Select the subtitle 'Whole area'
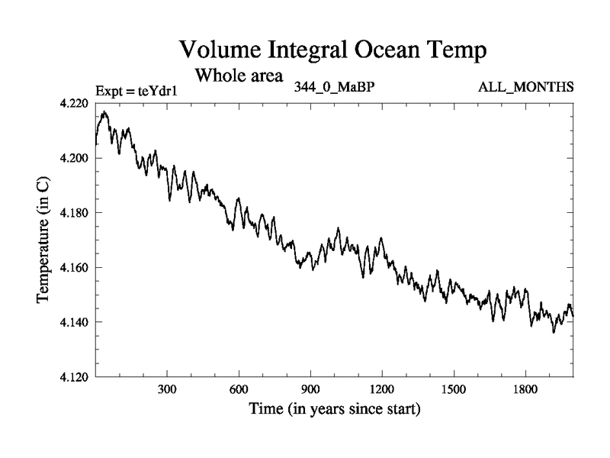coord(239,76)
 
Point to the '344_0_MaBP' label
coord(333,86)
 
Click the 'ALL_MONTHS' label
coord(525,86)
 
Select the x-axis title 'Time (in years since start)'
coord(334,409)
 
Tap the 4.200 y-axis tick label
coord(75,158)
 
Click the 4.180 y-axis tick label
coord(75,213)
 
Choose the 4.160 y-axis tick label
coord(75,268)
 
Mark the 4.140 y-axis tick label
coord(75,322)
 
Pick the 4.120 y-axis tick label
coord(75,377)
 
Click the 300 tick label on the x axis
coord(167,389)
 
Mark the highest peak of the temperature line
coord(104,111)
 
